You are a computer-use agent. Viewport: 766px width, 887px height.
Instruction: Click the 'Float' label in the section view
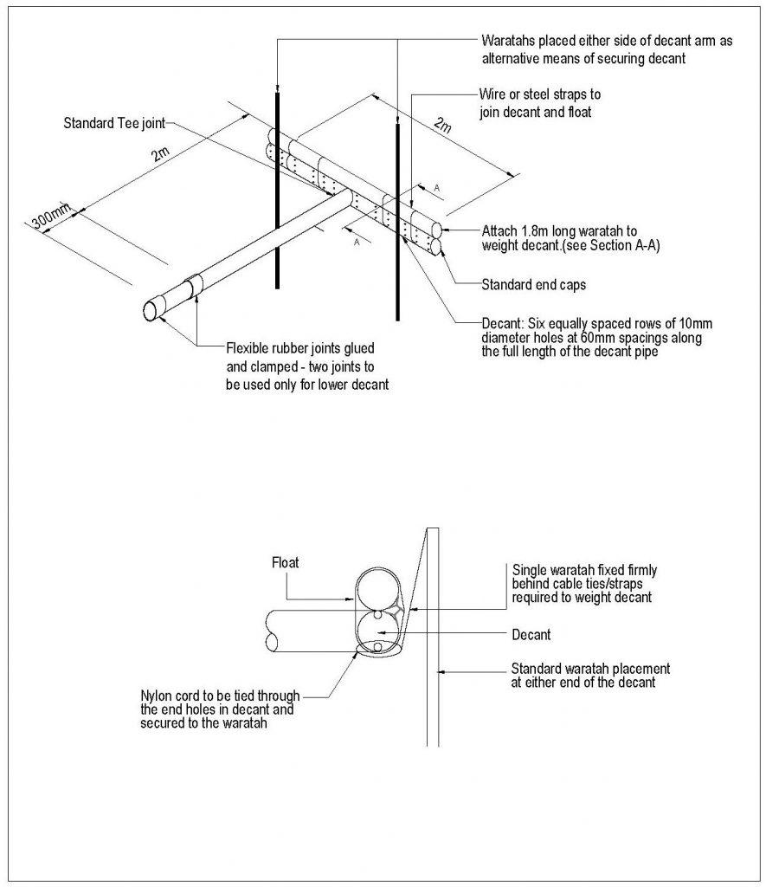pyautogui.click(x=285, y=562)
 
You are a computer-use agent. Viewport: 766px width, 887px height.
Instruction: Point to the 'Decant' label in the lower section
pyautogui.click(x=531, y=635)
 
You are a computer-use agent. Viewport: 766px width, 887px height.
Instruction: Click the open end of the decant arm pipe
pyautogui.click(x=154, y=309)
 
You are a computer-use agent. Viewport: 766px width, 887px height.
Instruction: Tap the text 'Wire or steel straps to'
pyautogui.click(x=539, y=94)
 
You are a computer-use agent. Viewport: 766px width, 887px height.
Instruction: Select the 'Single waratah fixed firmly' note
pyautogui.click(x=585, y=570)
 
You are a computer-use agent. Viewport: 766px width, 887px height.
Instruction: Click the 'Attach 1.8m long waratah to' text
pyautogui.click(x=559, y=231)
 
